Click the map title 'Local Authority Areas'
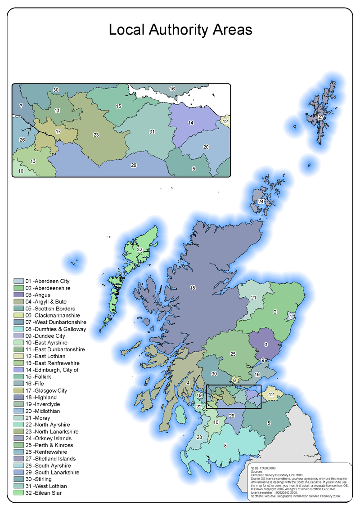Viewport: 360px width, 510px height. [180, 30]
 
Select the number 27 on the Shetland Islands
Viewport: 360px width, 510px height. [321, 117]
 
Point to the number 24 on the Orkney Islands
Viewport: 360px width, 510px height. [261, 202]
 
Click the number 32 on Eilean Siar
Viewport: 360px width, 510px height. [140, 249]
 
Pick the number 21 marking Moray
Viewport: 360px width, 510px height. [253, 298]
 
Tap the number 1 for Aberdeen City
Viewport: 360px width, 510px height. [291, 317]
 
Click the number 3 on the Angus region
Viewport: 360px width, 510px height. [266, 344]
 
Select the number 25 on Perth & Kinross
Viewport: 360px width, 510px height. [233, 354]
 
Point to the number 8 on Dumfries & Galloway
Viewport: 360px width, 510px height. [225, 445]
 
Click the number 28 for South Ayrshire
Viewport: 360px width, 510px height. [199, 437]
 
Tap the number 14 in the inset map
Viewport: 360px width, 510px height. [191, 123]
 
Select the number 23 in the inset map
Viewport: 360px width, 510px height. [96, 134]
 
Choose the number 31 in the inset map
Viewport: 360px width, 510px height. [152, 132]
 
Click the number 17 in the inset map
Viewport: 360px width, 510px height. [58, 132]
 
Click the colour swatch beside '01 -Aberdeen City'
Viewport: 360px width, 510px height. [18, 281]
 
